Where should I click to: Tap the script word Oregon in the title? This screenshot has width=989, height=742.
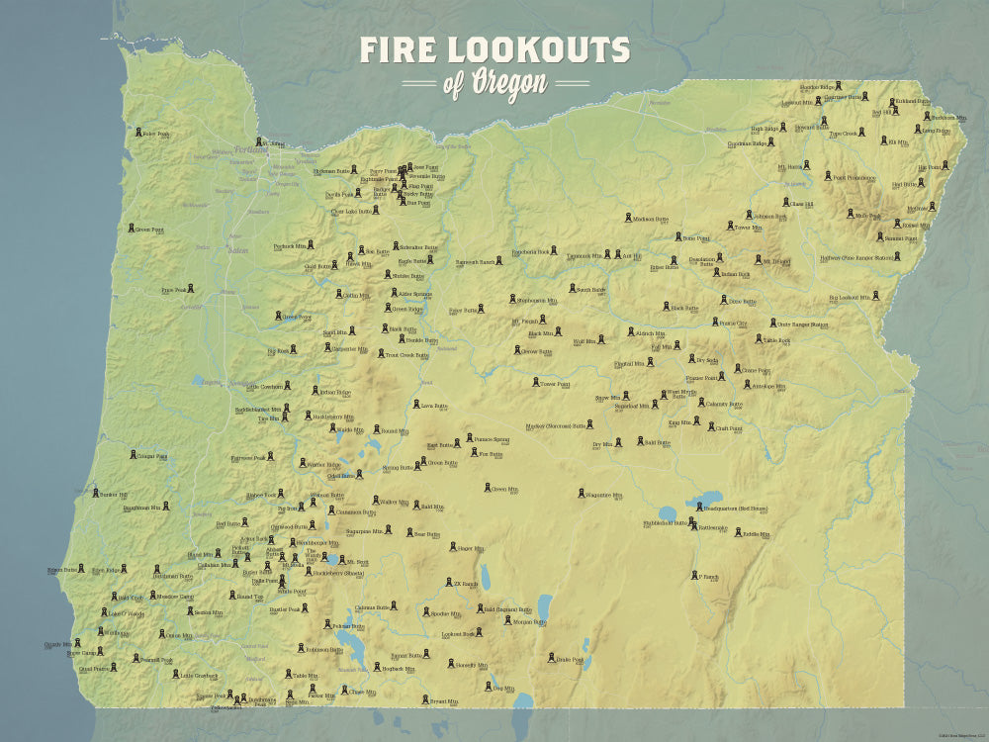click(x=508, y=84)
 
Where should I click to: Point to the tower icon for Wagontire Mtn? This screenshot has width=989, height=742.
click(x=582, y=493)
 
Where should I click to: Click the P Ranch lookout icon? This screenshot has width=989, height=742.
click(x=693, y=575)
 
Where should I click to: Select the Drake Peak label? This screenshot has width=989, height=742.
click(x=571, y=659)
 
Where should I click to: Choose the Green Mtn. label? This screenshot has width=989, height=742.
click(x=503, y=489)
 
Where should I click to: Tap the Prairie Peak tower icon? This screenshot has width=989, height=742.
click(x=190, y=289)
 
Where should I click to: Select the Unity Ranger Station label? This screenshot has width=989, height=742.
click(x=802, y=325)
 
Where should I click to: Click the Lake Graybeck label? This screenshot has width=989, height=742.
click(x=199, y=676)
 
